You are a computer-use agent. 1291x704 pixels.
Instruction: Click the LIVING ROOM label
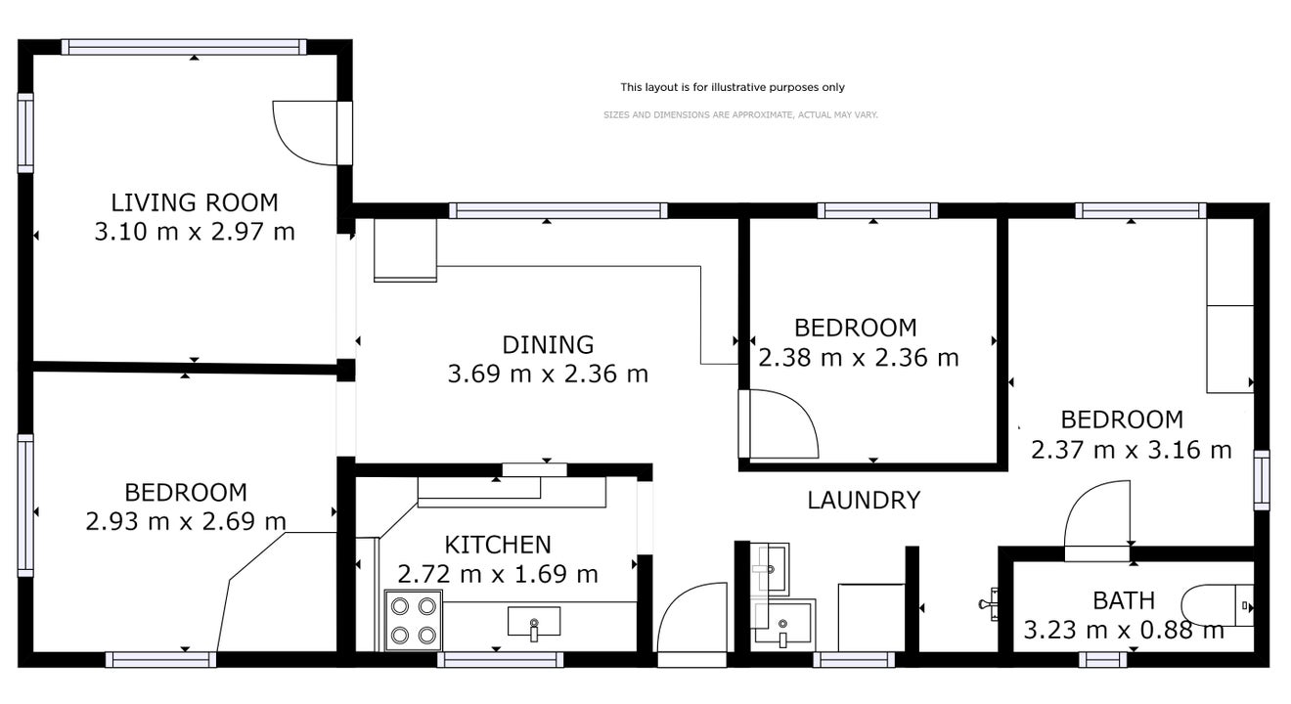pos(195,202)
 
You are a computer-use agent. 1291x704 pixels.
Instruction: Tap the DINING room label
pos(548,345)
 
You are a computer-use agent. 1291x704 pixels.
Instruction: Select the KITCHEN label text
pos(498,545)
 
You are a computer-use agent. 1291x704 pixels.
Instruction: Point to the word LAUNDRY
pos(864,500)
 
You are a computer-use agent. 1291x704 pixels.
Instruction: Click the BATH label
pos(1124,601)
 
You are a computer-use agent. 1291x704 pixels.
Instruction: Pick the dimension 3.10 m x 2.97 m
pos(195,232)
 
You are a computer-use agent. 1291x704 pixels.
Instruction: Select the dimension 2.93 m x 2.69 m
pos(186,521)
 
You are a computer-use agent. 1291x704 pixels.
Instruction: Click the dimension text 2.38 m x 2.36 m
pos(858,358)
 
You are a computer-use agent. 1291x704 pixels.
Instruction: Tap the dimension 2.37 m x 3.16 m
pos(1131,450)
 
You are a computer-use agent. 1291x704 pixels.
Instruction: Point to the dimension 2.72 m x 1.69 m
pos(498,574)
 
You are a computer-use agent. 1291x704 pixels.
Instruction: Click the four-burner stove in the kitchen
pos(414,620)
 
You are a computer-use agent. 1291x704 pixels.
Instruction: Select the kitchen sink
pos(534,622)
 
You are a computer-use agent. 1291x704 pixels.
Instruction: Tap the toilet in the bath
pos(1218,605)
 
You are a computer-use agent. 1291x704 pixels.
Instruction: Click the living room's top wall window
pos(184,47)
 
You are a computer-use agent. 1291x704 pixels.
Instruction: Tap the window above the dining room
pos(557,211)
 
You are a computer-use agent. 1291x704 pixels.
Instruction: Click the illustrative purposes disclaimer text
pos(733,88)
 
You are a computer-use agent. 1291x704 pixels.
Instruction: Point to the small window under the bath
pos(1102,660)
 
